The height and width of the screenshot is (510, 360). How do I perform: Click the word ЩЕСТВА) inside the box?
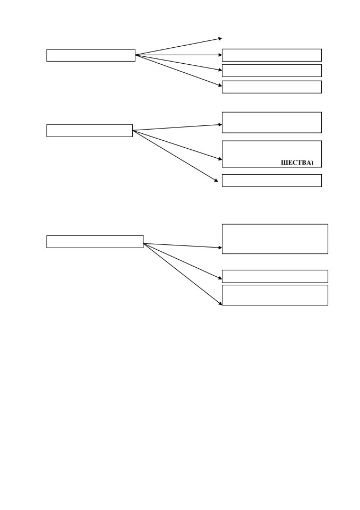[297, 163]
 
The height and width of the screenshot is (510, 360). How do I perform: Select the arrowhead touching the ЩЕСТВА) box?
[220, 159]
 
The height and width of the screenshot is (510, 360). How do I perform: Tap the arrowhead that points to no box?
[220, 39]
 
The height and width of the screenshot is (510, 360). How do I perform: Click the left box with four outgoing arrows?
[91, 55]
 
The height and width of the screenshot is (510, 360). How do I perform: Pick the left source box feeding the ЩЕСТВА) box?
[89, 131]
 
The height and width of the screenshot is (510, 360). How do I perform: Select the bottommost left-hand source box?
[95, 242]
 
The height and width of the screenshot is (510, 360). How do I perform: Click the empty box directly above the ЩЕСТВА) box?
[272, 123]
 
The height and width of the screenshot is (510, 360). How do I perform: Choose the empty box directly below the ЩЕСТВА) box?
[272, 181]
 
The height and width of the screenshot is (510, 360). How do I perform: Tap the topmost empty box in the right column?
[272, 55]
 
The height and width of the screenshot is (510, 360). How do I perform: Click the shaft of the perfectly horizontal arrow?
[178, 55]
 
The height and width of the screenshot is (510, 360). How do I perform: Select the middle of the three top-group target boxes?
[272, 71]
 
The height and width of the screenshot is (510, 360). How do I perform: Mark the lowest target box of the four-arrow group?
[272, 87]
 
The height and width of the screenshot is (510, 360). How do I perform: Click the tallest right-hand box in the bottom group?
[275, 239]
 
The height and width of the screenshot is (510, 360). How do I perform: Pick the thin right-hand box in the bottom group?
[275, 276]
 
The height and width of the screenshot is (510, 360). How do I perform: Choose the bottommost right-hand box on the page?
[275, 295]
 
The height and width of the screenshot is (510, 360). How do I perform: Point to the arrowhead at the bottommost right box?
[220, 303]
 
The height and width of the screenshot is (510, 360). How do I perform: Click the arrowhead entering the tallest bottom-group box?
[220, 248]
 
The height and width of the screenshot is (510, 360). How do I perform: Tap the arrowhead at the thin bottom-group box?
[220, 278]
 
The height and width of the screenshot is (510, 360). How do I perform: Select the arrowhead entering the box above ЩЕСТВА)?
[220, 124]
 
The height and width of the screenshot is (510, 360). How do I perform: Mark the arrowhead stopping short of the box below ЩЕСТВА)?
[216, 181]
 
